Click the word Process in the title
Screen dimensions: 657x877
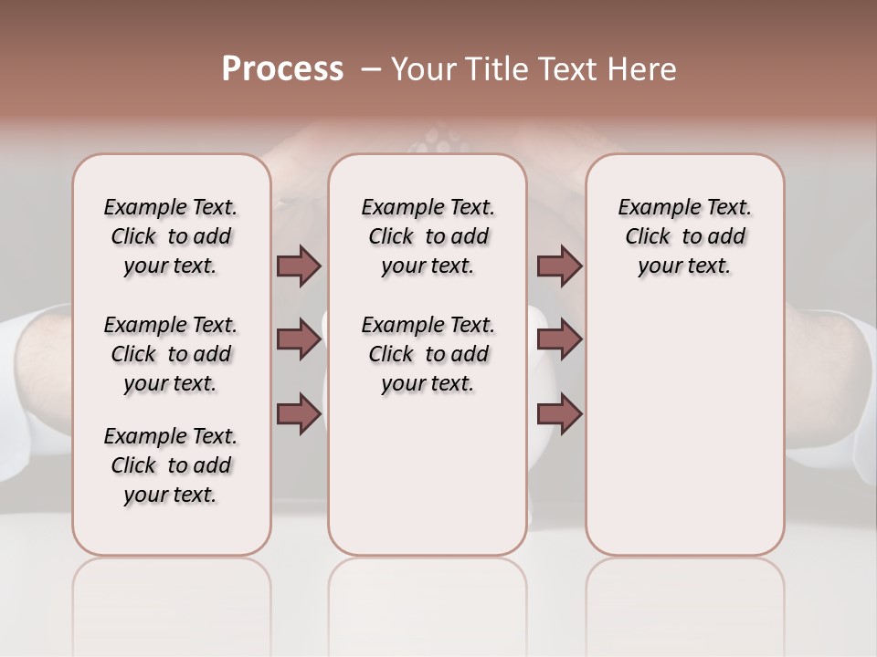coord(282,69)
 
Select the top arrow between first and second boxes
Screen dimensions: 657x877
coord(299,266)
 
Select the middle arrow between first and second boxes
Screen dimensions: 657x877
coord(299,340)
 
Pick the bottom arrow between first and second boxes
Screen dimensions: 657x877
coord(299,414)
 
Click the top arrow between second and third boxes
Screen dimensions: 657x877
coord(559,266)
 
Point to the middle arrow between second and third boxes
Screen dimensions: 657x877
coord(559,340)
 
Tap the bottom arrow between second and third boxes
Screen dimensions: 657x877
coord(559,414)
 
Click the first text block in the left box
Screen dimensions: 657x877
coord(171,236)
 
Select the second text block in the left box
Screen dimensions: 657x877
coord(171,354)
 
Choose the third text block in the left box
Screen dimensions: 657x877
coord(171,465)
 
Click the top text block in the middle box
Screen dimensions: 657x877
coord(428,236)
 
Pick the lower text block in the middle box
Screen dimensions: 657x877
coord(428,354)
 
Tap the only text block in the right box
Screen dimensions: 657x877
coord(684,236)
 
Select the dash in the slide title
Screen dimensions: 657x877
coord(371,69)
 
